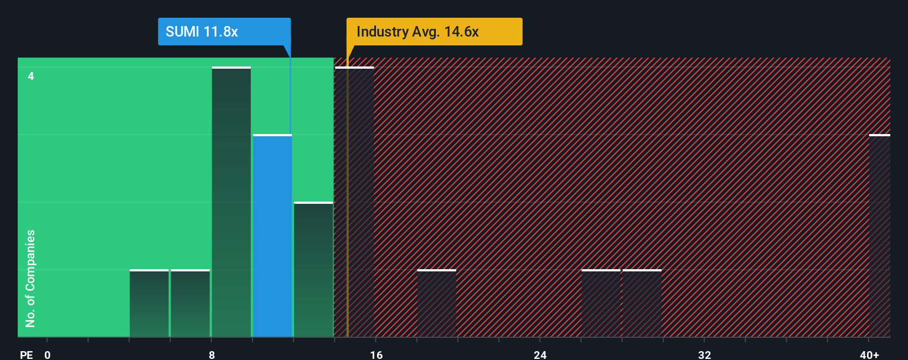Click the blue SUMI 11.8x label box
[x=224, y=32]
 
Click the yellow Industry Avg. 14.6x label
[x=434, y=32]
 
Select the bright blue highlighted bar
[x=272, y=235]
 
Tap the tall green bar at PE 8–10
[x=231, y=202]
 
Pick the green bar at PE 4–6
[x=149, y=304]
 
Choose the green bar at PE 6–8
[x=190, y=304]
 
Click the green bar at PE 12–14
[x=313, y=270]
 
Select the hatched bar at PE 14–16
[x=355, y=202]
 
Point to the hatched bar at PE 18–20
[x=437, y=304]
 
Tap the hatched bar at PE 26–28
[x=601, y=304]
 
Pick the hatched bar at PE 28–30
[x=642, y=304]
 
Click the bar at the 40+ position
[x=879, y=235]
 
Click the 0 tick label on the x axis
[x=48, y=355]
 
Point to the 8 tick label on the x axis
[x=212, y=355]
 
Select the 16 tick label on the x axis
[x=376, y=355]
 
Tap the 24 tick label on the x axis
[x=540, y=355]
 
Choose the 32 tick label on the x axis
[x=704, y=355]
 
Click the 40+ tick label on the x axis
[x=869, y=355]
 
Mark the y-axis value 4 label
[x=31, y=76]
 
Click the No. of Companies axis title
[x=30, y=278]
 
